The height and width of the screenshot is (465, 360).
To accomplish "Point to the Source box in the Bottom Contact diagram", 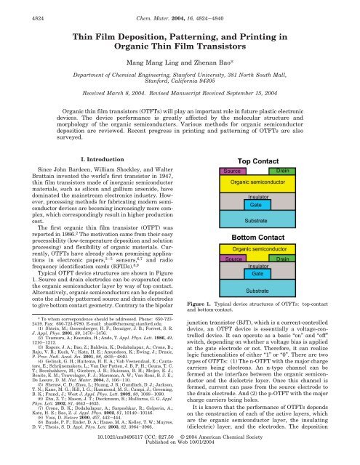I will (x=212, y=238).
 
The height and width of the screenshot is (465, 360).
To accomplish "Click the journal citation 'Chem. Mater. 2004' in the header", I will (x=180, y=7).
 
